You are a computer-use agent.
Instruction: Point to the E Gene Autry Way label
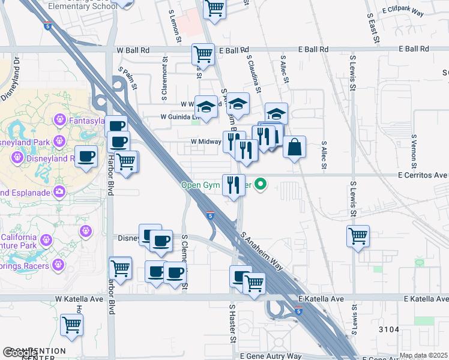[271, 356]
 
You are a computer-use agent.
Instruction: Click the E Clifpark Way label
[403, 12]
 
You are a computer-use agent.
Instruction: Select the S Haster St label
[232, 323]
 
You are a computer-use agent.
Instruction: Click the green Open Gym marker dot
[261, 185]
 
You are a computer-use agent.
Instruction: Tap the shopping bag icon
[294, 147]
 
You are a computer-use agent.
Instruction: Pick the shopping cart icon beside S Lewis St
[358, 235]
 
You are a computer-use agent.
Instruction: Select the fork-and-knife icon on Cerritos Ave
[233, 184]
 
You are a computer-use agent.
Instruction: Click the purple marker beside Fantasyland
[59, 121]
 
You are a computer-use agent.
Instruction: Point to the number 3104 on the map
[390, 329]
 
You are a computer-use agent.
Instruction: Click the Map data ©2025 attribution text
[424, 356]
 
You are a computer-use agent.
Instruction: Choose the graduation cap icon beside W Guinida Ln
[206, 107]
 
